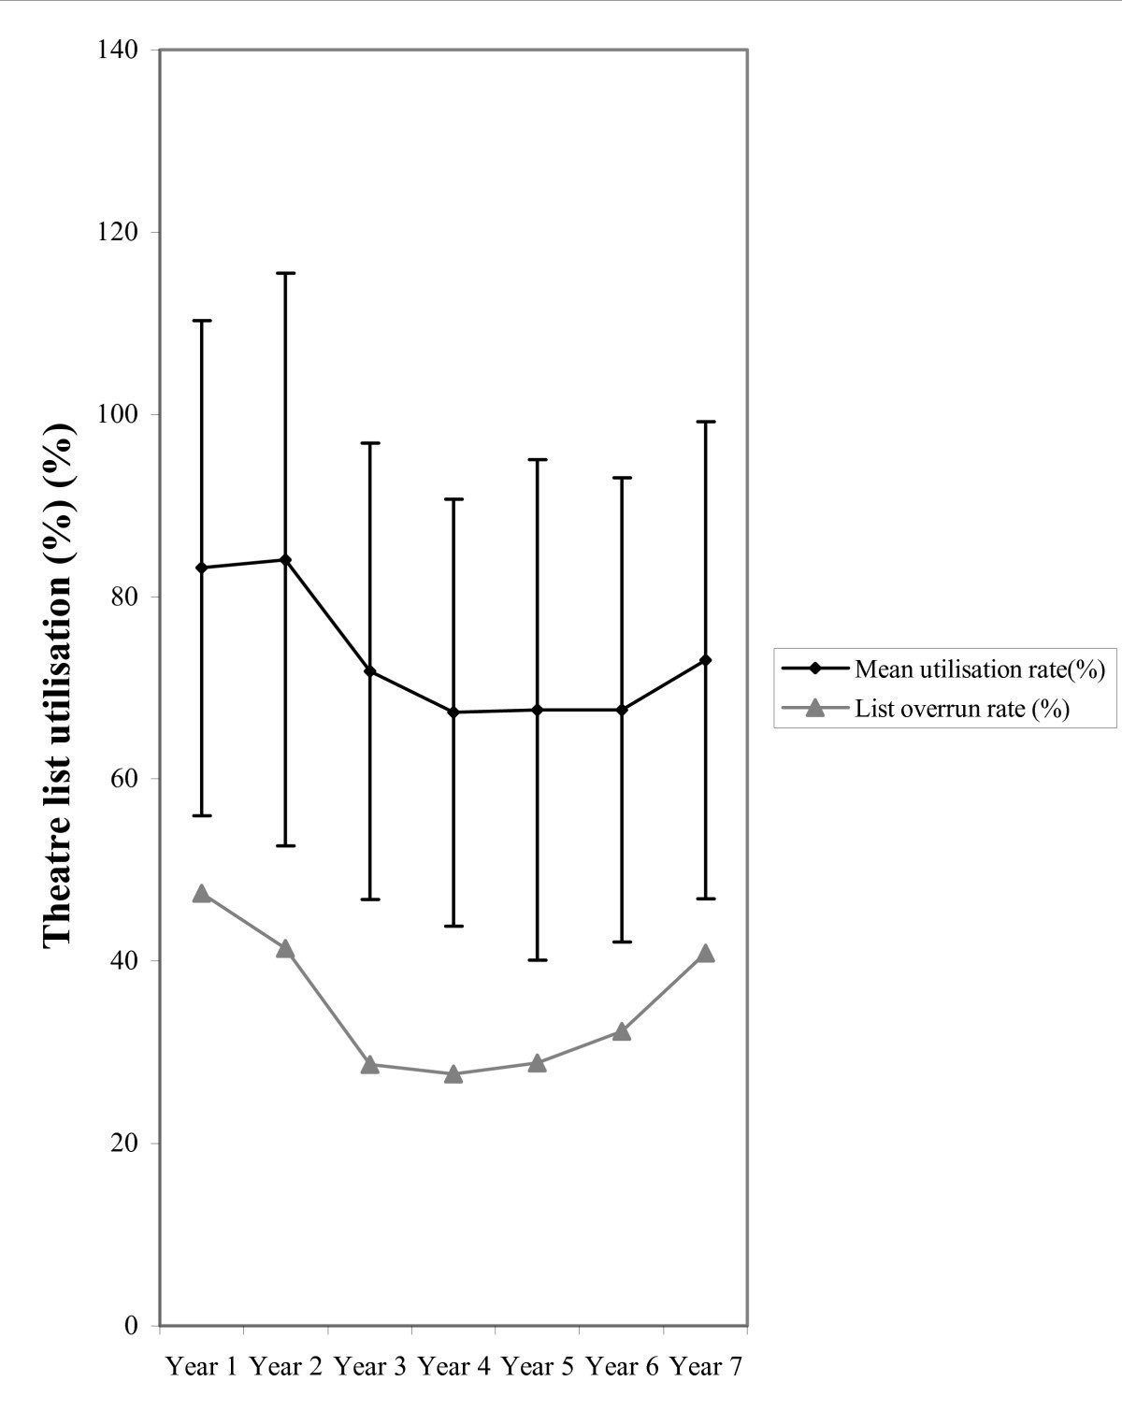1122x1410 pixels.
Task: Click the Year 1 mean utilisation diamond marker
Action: click(201, 568)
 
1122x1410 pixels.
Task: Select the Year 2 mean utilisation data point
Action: click(285, 559)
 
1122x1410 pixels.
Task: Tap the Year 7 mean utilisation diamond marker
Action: click(705, 660)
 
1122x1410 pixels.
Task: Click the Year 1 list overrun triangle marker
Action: click(201, 894)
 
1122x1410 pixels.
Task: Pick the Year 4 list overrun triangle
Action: click(453, 1073)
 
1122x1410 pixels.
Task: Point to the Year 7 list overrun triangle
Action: click(705, 954)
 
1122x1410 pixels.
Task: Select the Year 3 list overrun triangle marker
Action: click(369, 1064)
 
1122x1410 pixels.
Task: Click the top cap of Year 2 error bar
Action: click(285, 273)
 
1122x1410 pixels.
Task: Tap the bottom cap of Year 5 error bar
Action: click(538, 960)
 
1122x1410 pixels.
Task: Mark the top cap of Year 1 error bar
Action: click(201, 320)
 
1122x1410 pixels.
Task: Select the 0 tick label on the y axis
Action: click(132, 1325)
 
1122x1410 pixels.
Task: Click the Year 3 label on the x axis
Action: click(369, 1367)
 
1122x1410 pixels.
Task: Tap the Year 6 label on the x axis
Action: click(622, 1367)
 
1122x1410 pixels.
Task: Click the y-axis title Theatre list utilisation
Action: click(59, 683)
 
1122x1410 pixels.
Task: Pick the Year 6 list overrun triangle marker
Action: click(622, 1031)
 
